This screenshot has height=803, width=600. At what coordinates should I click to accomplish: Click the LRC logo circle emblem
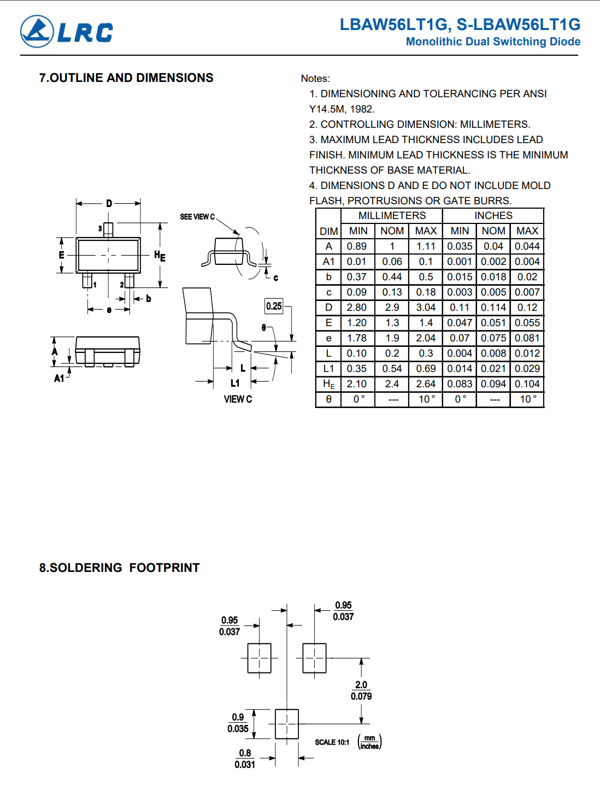coord(37,32)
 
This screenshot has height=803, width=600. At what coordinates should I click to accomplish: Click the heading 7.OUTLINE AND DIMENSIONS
coord(126,78)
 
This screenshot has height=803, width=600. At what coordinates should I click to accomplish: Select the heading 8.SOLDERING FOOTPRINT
coord(119,568)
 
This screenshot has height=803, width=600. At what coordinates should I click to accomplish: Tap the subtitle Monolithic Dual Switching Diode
coord(493,42)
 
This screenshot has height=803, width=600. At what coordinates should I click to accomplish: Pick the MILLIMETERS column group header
coord(392,215)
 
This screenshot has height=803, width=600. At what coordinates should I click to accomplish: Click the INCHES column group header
coord(493,215)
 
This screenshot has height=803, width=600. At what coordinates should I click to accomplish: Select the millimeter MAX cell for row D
coord(426,308)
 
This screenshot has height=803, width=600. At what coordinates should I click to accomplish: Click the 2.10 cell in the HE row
coord(357,384)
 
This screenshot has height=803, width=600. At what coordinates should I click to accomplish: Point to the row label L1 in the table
coord(328,368)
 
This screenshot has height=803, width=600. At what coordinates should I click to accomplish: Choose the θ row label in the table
coord(328,399)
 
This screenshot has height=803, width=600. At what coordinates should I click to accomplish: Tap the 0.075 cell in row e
coord(493,338)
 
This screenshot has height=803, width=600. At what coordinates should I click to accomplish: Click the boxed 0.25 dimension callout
coord(274,306)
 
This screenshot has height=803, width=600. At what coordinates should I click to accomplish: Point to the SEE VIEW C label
coord(197,216)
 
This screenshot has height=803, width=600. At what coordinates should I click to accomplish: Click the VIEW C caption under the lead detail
coord(238,399)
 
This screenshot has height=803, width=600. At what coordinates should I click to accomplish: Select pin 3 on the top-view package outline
coord(108,230)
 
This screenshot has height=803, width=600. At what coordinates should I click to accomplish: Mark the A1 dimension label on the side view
coord(59,378)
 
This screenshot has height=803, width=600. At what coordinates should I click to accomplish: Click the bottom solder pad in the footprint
coord(287,724)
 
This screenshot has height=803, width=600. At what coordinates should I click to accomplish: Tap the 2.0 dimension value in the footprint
coord(361,684)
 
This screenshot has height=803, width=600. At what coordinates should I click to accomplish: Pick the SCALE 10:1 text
coord(332,742)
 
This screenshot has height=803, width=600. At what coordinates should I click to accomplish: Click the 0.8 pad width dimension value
coord(245,753)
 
